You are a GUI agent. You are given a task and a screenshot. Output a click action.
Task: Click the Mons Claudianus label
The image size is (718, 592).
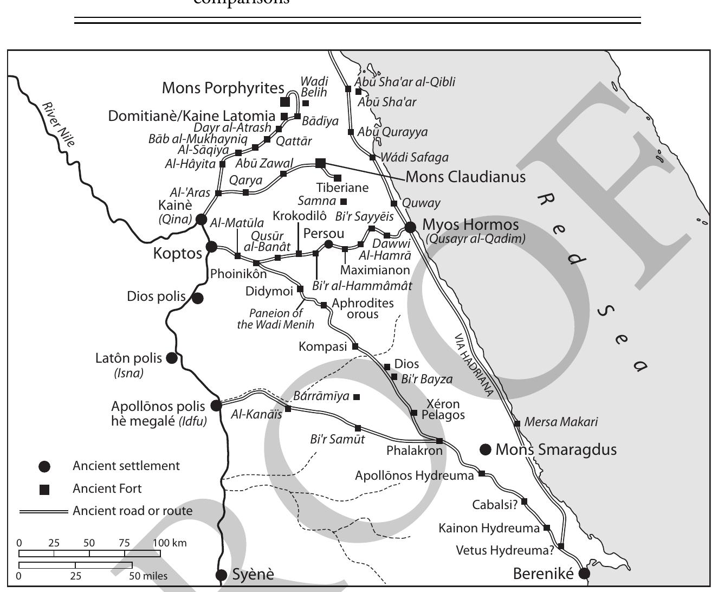[465, 177]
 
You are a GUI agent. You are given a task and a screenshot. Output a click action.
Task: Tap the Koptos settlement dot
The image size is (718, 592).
[212, 247]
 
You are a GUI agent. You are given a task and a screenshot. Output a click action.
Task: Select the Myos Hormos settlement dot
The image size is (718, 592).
[410, 227]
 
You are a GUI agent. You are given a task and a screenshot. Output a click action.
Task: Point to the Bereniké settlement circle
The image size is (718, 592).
[584, 574]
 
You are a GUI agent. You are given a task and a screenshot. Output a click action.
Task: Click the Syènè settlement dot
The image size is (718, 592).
[221, 575]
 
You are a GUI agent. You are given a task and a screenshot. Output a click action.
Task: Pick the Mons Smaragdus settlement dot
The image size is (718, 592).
[486, 449]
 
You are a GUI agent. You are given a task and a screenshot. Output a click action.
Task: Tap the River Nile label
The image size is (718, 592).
[59, 124]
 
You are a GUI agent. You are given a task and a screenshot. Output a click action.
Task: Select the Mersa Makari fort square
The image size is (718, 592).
[518, 423]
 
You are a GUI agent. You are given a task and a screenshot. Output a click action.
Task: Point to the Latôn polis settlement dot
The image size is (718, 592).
[172, 358]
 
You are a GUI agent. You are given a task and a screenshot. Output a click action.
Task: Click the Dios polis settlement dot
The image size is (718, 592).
[198, 298]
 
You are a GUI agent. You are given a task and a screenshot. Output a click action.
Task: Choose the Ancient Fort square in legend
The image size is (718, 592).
[45, 490]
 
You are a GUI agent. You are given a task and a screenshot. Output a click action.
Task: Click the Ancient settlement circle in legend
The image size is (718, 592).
[45, 466]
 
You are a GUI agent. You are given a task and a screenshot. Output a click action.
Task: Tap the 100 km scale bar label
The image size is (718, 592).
[170, 543]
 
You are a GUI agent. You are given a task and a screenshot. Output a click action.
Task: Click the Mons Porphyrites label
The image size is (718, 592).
[223, 88]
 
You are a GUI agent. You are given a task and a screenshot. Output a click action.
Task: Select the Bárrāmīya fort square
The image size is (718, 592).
[357, 397]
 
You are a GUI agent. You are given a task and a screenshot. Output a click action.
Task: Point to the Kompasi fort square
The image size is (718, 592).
[355, 346]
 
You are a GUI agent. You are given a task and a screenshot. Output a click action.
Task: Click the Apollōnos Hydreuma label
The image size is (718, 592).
[414, 476]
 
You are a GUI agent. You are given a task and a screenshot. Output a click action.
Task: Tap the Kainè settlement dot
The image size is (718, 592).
[201, 219]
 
